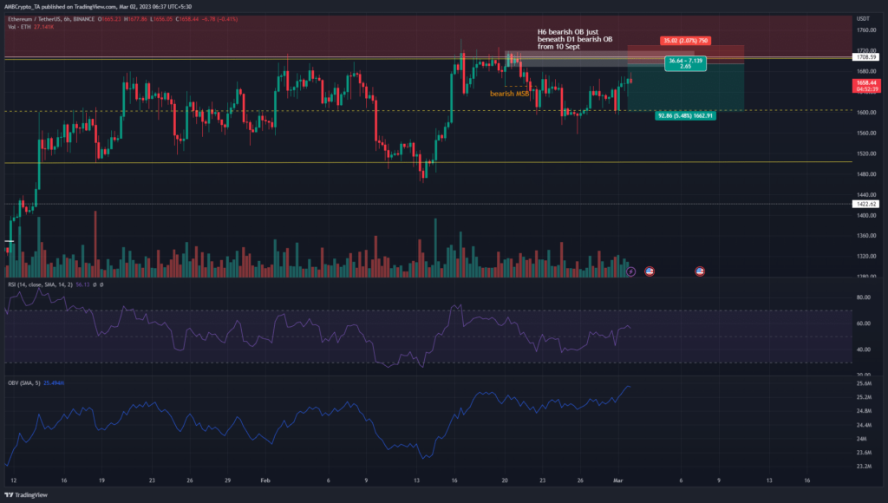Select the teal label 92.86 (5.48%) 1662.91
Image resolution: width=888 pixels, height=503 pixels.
pos(685,115)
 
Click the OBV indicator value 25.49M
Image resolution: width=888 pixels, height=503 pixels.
pos(56,382)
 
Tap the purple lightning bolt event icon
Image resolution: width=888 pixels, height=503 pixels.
pos(631,271)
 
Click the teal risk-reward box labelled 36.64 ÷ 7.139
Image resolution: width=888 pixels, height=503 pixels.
pos(685,62)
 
